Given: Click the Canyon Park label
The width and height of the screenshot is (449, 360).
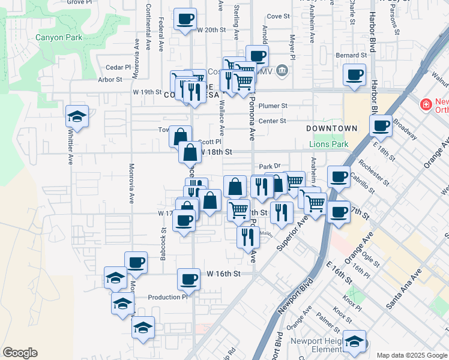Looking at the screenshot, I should (58, 37).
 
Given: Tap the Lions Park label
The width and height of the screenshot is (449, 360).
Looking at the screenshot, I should (328, 145).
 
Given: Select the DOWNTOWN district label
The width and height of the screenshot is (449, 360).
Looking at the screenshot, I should (331, 128).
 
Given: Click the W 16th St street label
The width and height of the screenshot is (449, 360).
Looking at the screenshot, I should (223, 274).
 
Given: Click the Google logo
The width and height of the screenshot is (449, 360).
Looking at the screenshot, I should (20, 353).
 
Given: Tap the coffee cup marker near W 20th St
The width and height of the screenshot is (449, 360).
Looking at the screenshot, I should (186, 19).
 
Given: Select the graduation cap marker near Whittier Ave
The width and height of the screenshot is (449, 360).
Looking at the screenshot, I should (77, 116).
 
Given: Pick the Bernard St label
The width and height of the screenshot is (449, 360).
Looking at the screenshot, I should (351, 55).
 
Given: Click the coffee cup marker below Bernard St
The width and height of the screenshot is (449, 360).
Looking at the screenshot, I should (354, 76).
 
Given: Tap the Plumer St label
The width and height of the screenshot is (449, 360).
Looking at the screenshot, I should (273, 106).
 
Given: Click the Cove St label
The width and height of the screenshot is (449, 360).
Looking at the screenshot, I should (278, 16).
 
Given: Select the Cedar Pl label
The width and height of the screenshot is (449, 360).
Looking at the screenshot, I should (118, 67).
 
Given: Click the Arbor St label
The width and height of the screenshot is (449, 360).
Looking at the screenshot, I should (110, 79).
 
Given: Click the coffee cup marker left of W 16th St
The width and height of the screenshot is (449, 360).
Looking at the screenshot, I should (188, 278).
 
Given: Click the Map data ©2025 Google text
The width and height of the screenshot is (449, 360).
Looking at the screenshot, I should (411, 355).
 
